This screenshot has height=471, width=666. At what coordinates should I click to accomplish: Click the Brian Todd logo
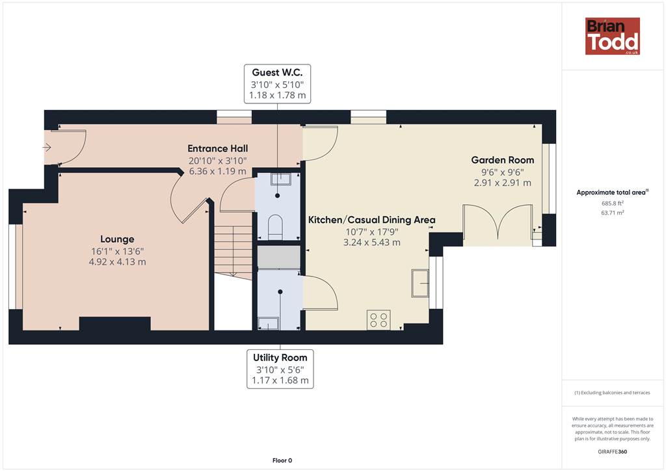[x=612, y=36]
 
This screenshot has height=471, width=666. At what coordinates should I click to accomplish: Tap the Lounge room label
[x=117, y=239]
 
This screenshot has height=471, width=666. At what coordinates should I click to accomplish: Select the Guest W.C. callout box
[x=277, y=84]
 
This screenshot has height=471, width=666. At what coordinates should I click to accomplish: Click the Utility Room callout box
[x=280, y=369]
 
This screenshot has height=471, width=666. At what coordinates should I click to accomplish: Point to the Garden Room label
[x=503, y=160]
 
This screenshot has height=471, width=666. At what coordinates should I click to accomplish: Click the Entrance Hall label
[x=217, y=148]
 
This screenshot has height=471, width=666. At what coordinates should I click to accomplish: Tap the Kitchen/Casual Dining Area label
[x=371, y=220]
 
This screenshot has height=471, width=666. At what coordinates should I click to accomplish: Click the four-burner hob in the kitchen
[x=379, y=320]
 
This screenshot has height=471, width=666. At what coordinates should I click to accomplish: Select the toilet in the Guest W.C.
[x=276, y=227]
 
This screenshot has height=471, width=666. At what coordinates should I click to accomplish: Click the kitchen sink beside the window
[x=420, y=283]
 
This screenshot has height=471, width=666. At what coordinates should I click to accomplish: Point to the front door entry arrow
[x=47, y=148]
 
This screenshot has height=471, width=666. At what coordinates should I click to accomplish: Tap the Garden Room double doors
[x=498, y=224]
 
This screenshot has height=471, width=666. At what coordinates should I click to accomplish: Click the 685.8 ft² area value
[x=613, y=203]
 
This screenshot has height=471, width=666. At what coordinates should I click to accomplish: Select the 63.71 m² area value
[x=613, y=212]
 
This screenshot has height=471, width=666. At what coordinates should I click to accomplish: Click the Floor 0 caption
[x=282, y=461]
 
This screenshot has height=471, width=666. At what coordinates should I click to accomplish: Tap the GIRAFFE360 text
[x=613, y=451]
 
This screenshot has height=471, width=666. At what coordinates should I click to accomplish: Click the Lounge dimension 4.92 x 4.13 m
[x=117, y=262]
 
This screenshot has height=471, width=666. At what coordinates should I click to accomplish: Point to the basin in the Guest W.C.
[x=281, y=179]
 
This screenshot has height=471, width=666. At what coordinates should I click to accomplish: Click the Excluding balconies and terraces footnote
[x=613, y=392]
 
